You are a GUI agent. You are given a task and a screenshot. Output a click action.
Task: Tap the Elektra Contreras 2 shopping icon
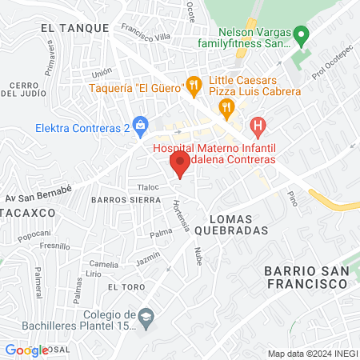[x=141, y=125]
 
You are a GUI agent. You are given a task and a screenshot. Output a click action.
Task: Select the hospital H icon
[x=258, y=125]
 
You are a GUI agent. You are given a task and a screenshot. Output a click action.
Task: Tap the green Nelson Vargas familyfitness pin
[x=302, y=35]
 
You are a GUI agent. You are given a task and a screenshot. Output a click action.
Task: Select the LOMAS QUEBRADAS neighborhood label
[x=238, y=224]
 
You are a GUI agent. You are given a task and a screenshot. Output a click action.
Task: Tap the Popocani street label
[x=34, y=234]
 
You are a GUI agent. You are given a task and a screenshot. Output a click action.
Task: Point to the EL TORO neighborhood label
[x=126, y=286]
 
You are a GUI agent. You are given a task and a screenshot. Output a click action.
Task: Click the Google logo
[x=26, y=350]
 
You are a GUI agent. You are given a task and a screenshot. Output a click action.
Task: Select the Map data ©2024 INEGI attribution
[x=311, y=354]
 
